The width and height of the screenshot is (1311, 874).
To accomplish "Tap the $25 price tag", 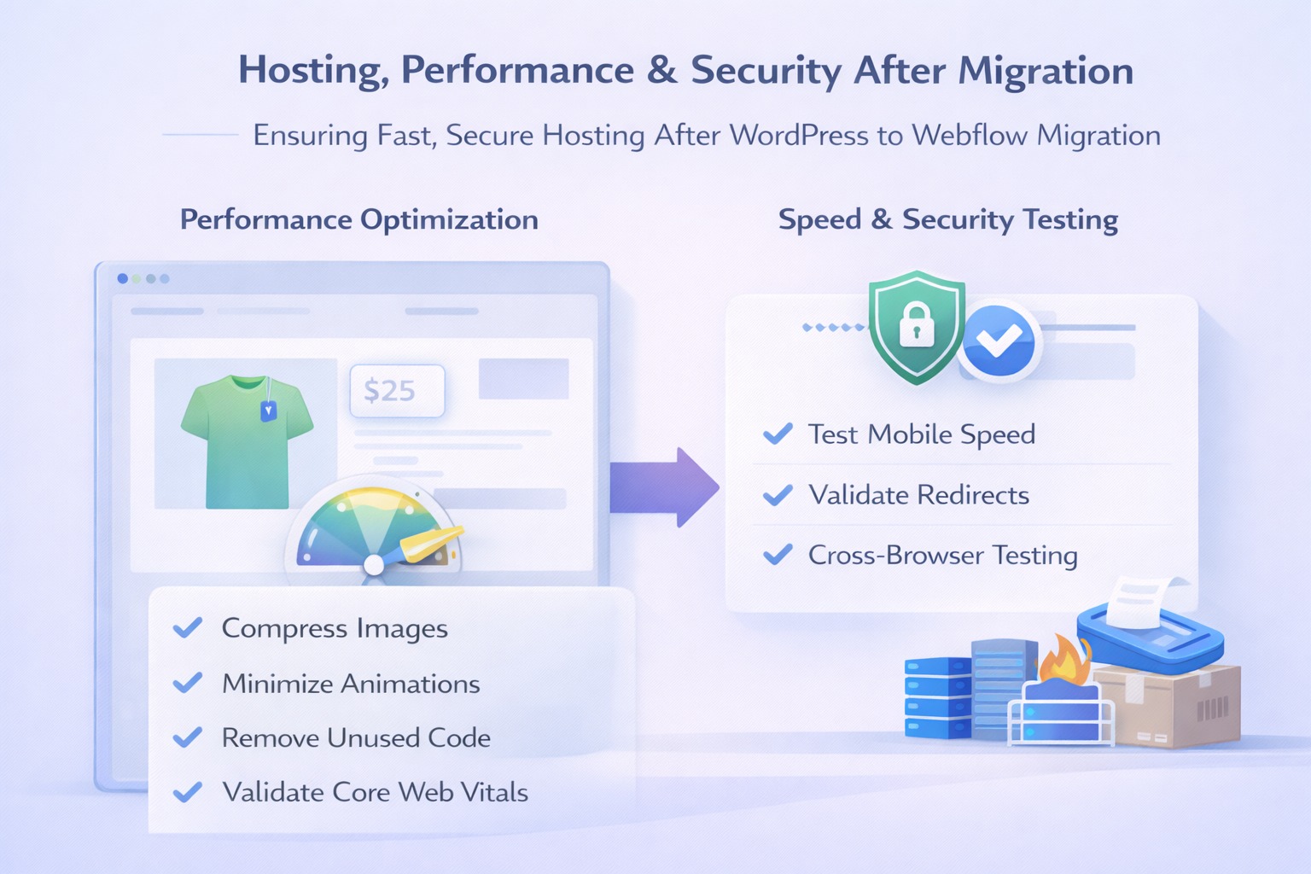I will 397,391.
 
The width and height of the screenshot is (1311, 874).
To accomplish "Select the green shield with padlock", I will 916,327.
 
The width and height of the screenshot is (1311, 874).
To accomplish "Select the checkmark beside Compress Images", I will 188,628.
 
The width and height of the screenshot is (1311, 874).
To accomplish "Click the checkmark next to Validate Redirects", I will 778,495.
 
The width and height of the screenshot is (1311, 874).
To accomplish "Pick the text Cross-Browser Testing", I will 942,556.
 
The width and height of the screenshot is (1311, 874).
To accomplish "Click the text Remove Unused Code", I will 356,738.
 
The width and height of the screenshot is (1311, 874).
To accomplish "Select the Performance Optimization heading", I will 359,220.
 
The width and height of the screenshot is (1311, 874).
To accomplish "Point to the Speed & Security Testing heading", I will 947,220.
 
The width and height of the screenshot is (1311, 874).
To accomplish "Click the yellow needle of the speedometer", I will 427,544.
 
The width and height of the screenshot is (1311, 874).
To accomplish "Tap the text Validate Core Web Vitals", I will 375,793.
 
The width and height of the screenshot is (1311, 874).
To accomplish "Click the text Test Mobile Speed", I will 921,434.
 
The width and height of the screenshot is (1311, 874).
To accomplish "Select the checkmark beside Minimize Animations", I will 188,683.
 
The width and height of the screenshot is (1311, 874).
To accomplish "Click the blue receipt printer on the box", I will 1148,632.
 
